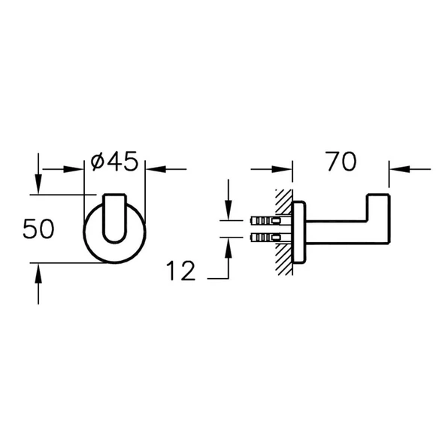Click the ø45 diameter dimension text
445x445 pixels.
tap(114, 162)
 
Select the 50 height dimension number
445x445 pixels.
tap(38, 229)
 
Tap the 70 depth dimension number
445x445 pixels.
tap(340, 162)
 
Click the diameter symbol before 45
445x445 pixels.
tap(98, 162)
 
